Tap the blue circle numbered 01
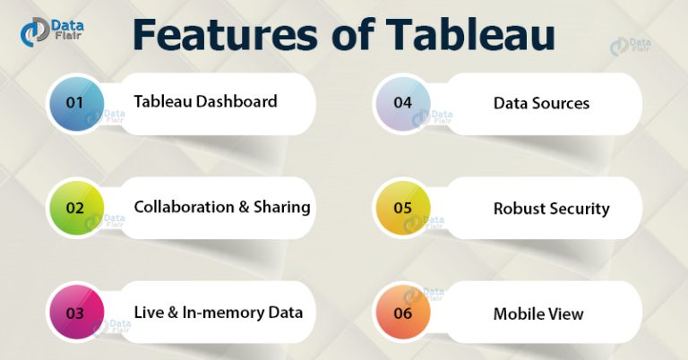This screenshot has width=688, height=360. (x=75, y=102)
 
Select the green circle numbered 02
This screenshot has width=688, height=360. (x=75, y=208)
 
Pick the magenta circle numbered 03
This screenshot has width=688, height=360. (x=75, y=313)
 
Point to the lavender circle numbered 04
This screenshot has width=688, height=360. (x=402, y=103)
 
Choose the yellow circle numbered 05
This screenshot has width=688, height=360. (x=402, y=208)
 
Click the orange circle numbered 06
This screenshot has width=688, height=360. (x=402, y=313)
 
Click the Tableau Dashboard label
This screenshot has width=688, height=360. (x=205, y=101)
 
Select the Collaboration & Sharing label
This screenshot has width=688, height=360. (x=221, y=207)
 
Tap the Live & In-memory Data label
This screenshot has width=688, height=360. (x=218, y=313)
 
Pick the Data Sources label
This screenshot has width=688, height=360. (x=541, y=103)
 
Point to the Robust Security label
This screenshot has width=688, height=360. (x=551, y=209)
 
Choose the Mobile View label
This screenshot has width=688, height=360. (x=538, y=313)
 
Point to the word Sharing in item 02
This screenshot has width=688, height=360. (x=280, y=207)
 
